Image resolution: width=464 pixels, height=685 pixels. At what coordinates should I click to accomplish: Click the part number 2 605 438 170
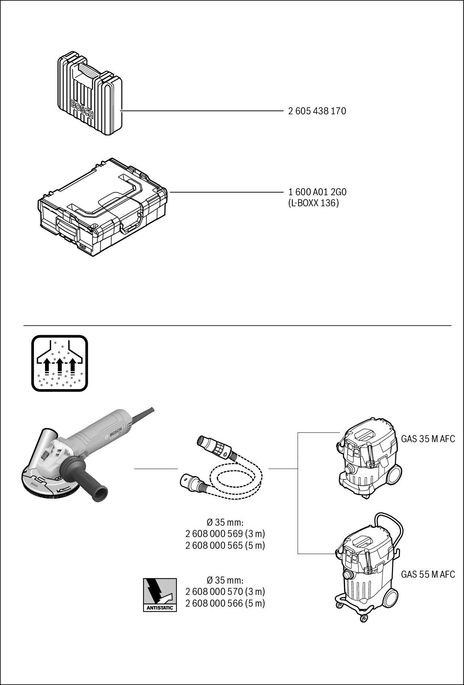(x=317, y=111)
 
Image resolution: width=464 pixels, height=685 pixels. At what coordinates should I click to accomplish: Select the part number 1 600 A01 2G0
(x=317, y=192)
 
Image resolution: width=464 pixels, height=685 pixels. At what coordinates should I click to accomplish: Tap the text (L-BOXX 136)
(x=314, y=203)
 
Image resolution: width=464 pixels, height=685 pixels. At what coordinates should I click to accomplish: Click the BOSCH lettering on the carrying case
(x=82, y=110)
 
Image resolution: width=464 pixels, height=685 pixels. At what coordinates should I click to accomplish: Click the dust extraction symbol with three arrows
(x=60, y=363)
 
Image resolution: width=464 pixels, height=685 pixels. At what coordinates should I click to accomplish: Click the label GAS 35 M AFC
(x=428, y=439)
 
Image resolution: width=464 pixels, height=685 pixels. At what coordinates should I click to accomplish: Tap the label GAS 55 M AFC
(x=428, y=574)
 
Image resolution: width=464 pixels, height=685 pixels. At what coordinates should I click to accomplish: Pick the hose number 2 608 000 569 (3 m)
(x=225, y=534)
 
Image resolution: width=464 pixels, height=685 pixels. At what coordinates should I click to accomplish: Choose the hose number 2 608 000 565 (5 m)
(x=225, y=545)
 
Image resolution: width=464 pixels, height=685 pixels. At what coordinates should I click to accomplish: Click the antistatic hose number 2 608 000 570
(x=225, y=592)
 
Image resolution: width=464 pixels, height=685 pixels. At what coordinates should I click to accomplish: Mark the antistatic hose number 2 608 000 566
(x=225, y=603)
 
